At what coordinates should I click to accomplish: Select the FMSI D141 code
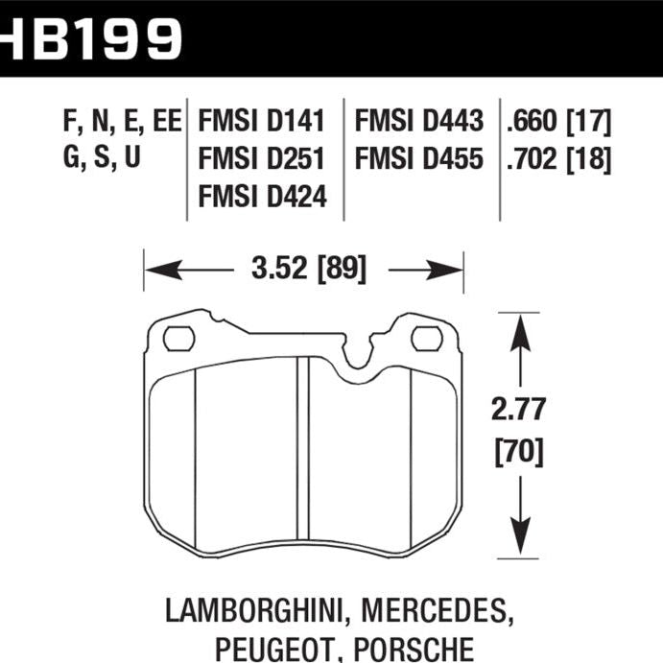(x=262, y=121)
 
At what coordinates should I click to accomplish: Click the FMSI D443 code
(x=418, y=121)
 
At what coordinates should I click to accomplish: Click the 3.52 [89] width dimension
(x=302, y=269)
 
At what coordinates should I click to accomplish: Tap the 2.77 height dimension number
(x=519, y=410)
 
